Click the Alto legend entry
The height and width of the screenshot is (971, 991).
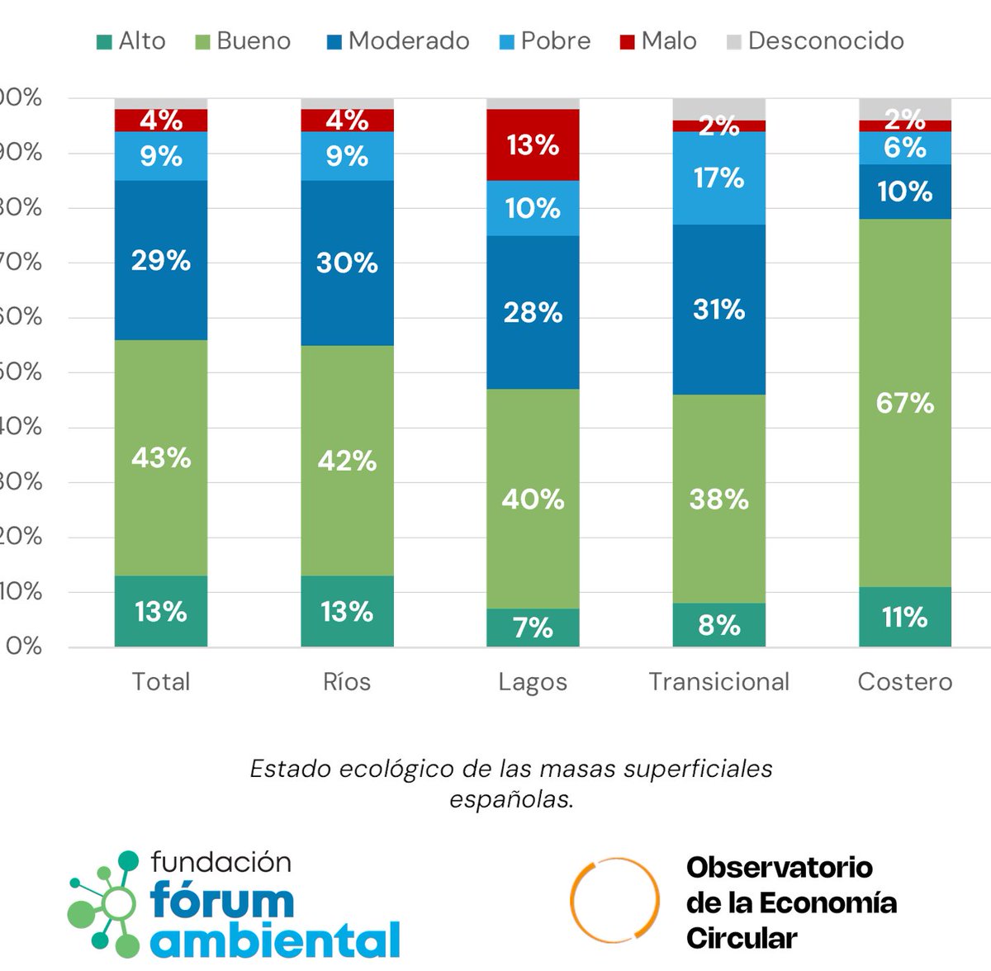tap(131, 41)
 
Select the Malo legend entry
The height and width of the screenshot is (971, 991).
tap(658, 41)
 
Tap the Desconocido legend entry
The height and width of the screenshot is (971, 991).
tap(815, 41)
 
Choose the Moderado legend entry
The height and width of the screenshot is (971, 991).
tap(398, 41)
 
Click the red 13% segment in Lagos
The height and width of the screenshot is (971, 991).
tap(533, 145)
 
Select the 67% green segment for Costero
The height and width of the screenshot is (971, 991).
tap(905, 403)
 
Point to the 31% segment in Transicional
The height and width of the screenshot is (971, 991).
tap(718, 310)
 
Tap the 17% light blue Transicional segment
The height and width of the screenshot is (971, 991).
tap(718, 178)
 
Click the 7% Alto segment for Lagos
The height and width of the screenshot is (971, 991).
tap(533, 628)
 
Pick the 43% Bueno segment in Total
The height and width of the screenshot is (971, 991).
tap(161, 457)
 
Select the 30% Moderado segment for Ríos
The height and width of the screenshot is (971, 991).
tap(347, 263)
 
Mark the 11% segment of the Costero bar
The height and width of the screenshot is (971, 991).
tap(905, 617)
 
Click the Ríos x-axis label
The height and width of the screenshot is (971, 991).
tap(347, 682)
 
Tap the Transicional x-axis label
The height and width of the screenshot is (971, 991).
tap(718, 682)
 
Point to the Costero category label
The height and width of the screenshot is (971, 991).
tap(905, 682)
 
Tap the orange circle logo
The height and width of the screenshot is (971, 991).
tap(615, 902)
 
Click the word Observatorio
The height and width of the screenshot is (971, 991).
tap(779, 867)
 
